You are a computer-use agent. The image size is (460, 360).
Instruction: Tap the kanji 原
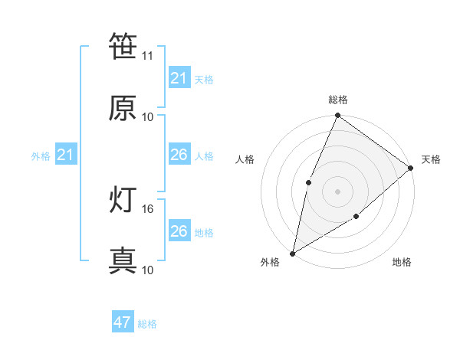(123, 108)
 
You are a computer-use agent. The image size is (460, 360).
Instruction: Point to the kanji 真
(123, 261)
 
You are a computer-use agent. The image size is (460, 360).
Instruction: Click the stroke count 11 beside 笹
(148, 56)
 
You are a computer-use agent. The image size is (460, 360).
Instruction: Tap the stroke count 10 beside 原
(148, 116)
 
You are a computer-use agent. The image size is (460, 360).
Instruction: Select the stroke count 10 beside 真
(148, 270)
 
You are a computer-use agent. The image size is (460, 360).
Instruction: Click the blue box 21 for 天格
(179, 78)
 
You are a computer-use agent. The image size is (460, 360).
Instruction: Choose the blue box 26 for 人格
(179, 155)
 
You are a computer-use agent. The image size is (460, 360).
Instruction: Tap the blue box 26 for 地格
(179, 231)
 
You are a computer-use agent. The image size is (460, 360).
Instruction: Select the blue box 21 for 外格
(65, 155)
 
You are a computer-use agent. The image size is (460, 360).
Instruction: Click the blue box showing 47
(123, 322)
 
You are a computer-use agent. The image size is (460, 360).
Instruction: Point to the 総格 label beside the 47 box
(147, 324)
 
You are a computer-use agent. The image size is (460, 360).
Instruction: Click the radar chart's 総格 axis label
(338, 100)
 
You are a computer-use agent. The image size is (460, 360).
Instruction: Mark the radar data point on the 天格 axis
(411, 168)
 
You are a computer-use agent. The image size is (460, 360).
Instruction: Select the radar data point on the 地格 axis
(356, 217)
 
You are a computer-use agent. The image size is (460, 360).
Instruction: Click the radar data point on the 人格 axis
(308, 182)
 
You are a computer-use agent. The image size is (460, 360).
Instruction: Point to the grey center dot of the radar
(337, 191)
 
